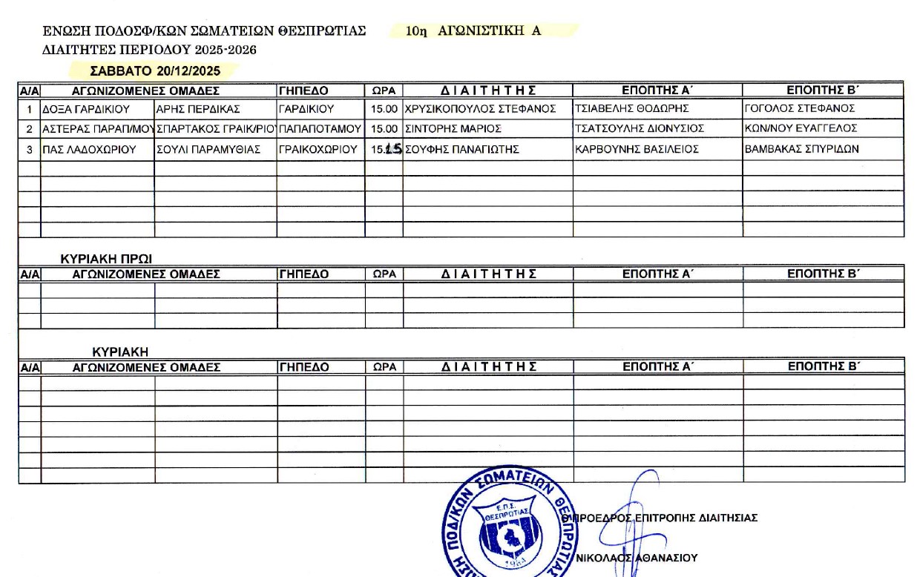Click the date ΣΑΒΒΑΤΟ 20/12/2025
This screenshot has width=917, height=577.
click(155, 71)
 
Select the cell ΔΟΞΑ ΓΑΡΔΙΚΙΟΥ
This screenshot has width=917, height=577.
click(86, 109)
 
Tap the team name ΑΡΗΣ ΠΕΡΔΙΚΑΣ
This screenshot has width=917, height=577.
click(198, 109)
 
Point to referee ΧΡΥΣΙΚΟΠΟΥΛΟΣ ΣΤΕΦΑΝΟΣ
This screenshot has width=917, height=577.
click(480, 109)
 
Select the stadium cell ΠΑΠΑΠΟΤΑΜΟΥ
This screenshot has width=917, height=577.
click(320, 129)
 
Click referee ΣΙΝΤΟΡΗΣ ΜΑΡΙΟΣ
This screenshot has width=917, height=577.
click(453, 129)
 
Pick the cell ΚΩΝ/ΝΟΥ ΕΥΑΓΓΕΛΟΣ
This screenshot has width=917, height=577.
click(801, 129)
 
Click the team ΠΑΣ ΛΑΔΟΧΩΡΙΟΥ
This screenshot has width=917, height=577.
click(90, 149)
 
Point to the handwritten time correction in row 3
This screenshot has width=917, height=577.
click(393, 148)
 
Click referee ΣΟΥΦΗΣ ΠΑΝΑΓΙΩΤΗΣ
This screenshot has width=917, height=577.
click(461, 149)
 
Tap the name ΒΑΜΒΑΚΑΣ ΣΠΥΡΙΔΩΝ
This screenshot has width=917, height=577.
click(801, 149)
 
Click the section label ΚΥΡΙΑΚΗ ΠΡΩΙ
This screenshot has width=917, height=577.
click(106, 259)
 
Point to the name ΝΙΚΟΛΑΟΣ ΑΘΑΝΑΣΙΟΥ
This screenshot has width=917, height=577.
click(637, 558)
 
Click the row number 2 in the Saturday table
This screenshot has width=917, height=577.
click(30, 129)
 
